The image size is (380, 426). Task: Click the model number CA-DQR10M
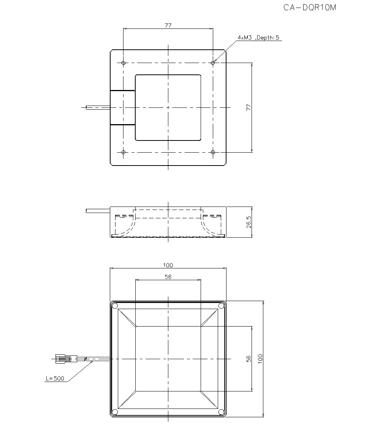pos(310,8)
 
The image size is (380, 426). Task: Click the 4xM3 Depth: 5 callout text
pos(258,38)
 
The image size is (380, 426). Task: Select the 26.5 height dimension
pos(249,222)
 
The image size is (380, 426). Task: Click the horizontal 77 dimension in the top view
pos(168,25)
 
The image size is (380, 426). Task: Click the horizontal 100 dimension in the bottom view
pos(168,265)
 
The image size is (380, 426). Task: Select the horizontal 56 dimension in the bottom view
pos(168,277)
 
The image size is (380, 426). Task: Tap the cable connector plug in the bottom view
pos(63,358)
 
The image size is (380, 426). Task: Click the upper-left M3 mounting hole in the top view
pos(123,63)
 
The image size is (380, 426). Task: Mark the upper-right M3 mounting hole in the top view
pos(213,63)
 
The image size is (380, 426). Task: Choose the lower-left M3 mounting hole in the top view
pos(123,152)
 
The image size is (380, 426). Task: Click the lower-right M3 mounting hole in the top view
pos(213,152)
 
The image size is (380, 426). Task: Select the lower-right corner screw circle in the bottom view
pos(221,412)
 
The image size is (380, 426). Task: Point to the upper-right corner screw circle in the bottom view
pos(221,306)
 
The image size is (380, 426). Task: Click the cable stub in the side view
pos(98,210)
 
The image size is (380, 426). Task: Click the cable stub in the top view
pos(98,108)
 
